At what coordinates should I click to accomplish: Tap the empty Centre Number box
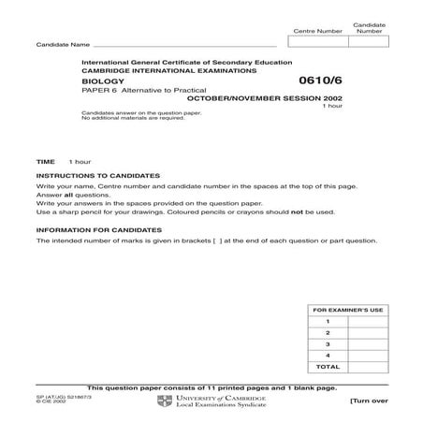[318, 42]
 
